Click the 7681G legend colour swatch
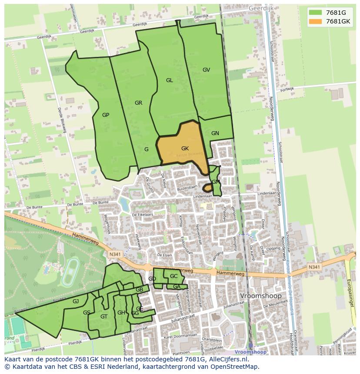tap(316, 13)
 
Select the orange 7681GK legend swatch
tap(316, 21)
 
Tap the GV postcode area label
tap(206, 70)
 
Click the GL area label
tap(169, 80)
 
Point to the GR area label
tap(138, 103)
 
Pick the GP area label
tap(105, 115)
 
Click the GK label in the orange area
tap(185, 149)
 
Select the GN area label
tap(215, 133)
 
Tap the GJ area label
tap(76, 301)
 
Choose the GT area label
tap(103, 316)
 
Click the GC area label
tap(173, 276)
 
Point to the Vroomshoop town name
tap(260, 296)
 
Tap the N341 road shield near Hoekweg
tap(114, 254)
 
